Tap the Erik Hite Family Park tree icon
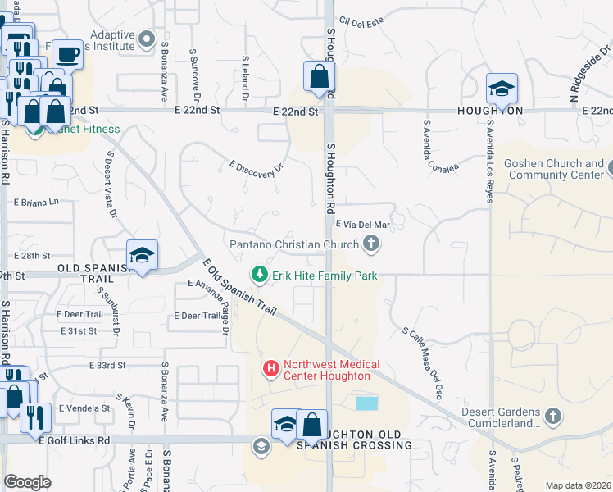pyautogui.click(x=260, y=275)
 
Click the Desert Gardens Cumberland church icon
pyautogui.click(x=554, y=417)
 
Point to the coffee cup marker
pyautogui.click(x=67, y=55)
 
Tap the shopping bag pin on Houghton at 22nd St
pyautogui.click(x=319, y=77)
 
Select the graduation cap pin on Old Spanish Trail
pyautogui.click(x=142, y=256)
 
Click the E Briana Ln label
pyautogui.click(x=36, y=201)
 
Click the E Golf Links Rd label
pyautogui.click(x=75, y=440)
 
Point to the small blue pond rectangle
pyautogui.click(x=366, y=403)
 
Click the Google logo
pyautogui.click(x=27, y=482)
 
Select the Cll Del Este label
pyautogui.click(x=361, y=21)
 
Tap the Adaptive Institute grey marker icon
pyautogui.click(x=147, y=39)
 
